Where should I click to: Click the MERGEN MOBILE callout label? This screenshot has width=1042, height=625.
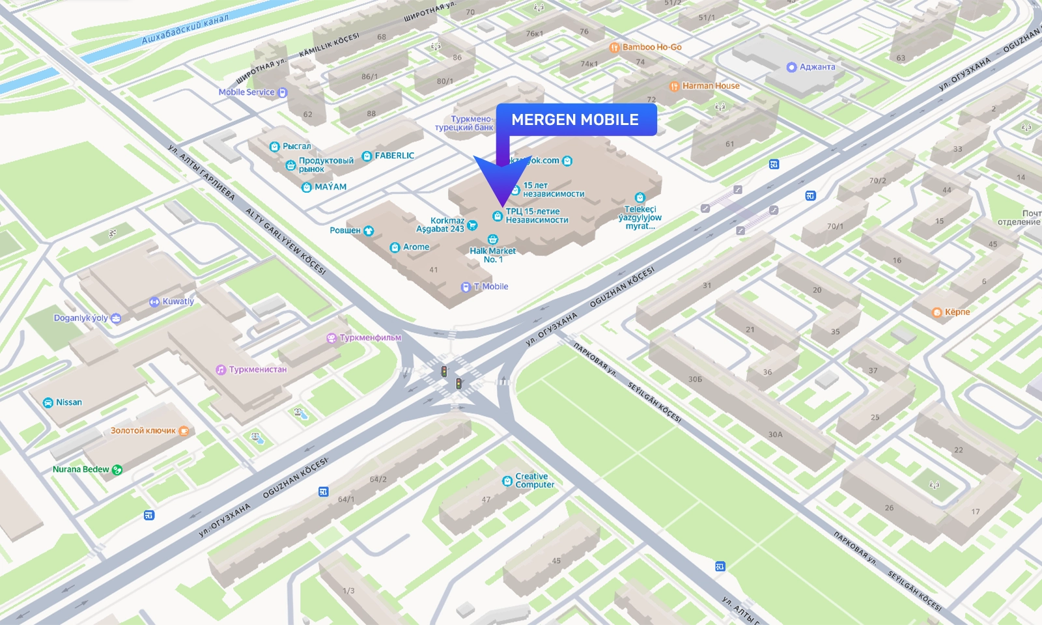click(575, 120)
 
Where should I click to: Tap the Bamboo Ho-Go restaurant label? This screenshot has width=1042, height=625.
click(651, 48)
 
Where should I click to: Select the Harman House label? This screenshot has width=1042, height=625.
click(710, 86)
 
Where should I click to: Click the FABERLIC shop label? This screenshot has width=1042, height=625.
click(393, 156)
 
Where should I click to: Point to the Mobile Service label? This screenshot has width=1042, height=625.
click(247, 92)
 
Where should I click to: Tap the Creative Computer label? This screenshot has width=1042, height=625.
click(534, 480)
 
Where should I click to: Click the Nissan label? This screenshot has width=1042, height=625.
click(68, 402)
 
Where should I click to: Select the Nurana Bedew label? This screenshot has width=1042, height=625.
click(81, 469)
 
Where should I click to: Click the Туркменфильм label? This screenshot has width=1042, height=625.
click(369, 338)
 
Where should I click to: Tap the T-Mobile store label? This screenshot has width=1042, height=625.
click(490, 286)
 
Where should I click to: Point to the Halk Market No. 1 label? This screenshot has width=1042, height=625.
click(492, 255)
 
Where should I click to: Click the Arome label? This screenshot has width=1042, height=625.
click(415, 247)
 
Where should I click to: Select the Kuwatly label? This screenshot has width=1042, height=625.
click(177, 301)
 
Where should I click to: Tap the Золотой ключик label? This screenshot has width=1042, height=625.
click(143, 430)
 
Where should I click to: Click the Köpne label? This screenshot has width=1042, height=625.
click(956, 312)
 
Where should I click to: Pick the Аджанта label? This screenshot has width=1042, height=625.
click(816, 67)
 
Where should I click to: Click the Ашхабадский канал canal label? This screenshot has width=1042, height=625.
click(185, 29)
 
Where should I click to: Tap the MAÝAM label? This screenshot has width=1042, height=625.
click(330, 187)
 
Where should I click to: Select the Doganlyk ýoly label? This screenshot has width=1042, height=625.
click(81, 318)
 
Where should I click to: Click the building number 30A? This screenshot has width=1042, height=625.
click(775, 434)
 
